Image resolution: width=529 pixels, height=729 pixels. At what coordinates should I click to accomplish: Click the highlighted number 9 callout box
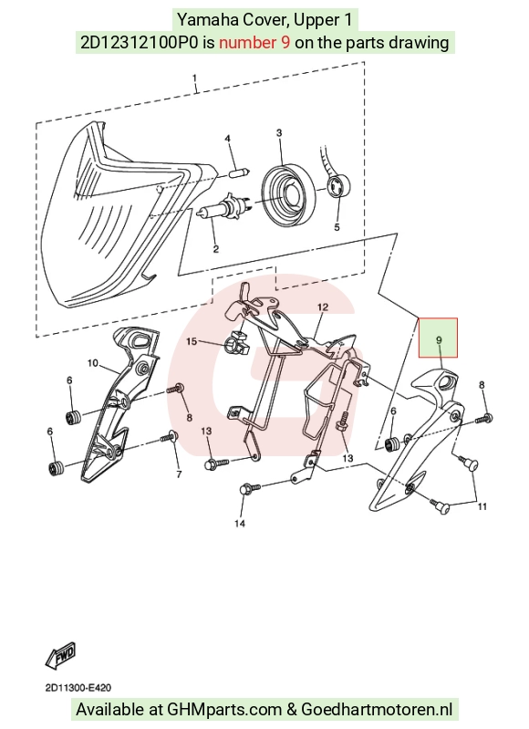438,338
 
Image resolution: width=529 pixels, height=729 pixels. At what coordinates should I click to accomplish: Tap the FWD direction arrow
60,656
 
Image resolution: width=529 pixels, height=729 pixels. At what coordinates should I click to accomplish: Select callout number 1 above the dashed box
195,78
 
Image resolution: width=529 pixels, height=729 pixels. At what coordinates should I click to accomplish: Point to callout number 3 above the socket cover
279,133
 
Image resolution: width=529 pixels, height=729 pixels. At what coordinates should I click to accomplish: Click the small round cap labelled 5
339,187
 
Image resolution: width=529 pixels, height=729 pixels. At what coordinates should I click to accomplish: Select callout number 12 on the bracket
323,307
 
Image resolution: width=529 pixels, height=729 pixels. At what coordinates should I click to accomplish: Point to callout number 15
192,342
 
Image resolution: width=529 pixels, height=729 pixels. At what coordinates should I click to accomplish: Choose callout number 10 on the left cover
93,362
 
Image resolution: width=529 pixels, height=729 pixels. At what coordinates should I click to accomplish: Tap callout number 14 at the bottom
239,524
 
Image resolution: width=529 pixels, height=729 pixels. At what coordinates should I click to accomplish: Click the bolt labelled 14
251,489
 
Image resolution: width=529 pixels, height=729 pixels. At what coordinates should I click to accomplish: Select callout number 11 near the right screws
482,505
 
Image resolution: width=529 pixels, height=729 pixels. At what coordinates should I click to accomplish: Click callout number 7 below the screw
179,474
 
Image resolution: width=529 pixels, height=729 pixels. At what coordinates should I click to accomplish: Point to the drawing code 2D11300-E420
78,688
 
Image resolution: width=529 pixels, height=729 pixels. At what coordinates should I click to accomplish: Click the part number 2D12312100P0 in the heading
140,43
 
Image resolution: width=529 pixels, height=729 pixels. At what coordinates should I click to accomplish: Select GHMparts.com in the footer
224,710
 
